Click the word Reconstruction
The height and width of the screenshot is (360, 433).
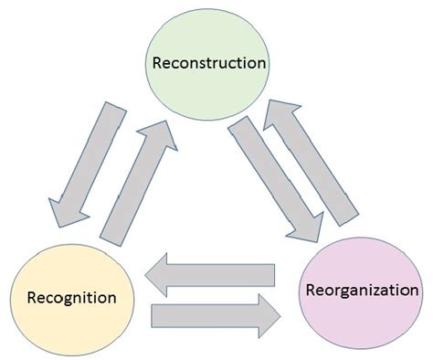(x=211, y=63)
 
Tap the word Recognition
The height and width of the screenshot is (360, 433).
(x=71, y=297)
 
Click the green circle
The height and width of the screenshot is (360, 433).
(x=211, y=41)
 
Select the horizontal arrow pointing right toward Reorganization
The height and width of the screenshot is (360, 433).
(x=215, y=315)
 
